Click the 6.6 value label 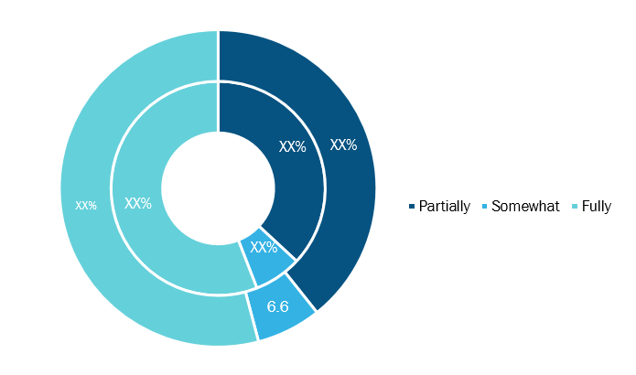[278, 306]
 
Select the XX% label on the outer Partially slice [343, 145]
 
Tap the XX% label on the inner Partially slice [293, 146]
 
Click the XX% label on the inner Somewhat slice [264, 247]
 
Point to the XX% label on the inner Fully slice [138, 203]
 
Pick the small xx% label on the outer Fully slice [86, 205]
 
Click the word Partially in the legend [444, 207]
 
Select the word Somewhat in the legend [525, 207]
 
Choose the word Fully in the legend [597, 207]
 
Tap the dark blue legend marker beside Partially [412, 207]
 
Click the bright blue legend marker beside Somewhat [484, 207]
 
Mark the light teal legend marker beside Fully [575, 207]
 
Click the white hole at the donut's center [218, 188]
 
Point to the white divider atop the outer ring [218, 56]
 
